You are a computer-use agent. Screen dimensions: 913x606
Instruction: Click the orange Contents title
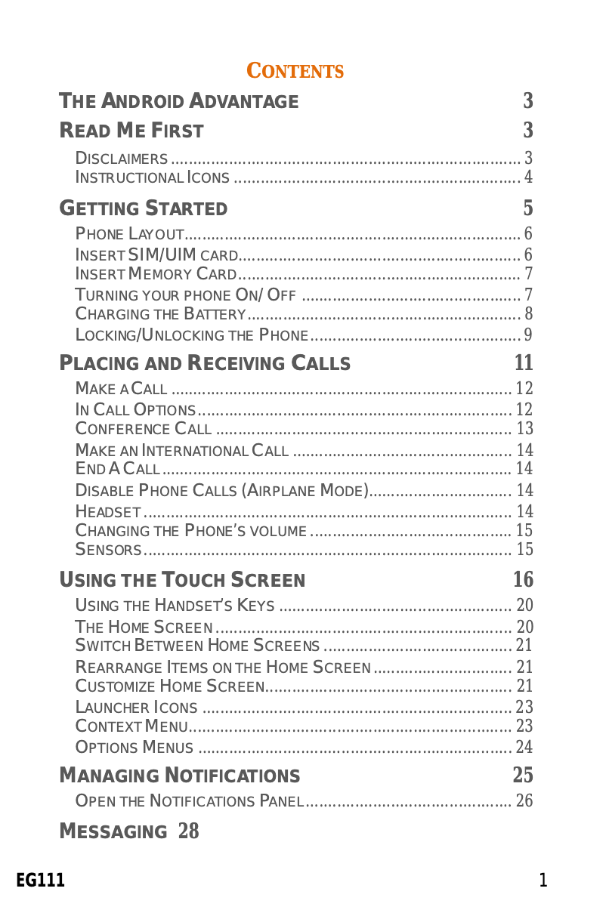(x=295, y=72)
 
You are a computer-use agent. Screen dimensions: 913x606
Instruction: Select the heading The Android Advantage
(x=179, y=101)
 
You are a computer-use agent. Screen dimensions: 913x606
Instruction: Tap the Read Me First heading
(x=131, y=131)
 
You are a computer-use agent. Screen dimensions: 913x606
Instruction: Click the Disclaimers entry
(x=122, y=159)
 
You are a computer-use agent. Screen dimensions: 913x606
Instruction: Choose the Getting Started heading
(x=144, y=208)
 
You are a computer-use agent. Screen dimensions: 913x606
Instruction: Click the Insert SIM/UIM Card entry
(x=157, y=254)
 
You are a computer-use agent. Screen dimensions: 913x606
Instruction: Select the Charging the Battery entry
(x=161, y=314)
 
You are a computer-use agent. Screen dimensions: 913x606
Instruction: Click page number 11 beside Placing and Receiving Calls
(x=524, y=363)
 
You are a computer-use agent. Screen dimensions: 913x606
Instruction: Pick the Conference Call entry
(x=144, y=429)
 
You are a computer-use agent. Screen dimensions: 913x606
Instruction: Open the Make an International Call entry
(x=182, y=451)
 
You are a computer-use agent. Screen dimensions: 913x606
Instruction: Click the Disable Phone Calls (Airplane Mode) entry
(x=221, y=490)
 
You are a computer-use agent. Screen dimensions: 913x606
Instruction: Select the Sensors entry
(x=108, y=549)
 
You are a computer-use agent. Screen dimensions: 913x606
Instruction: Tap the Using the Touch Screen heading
(x=182, y=580)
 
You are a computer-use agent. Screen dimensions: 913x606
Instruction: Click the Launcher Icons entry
(x=137, y=708)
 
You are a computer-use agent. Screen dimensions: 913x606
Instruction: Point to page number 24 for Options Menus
(x=524, y=748)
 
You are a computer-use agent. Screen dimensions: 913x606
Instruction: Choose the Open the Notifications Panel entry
(x=190, y=800)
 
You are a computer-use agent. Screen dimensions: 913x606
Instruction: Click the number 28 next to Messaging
(x=189, y=832)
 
